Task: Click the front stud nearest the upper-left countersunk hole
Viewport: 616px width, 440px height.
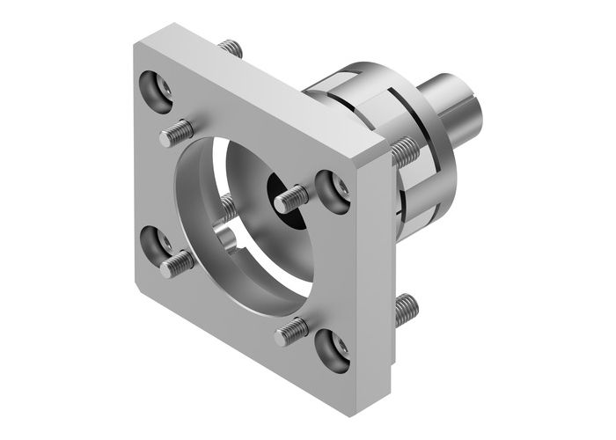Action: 176,136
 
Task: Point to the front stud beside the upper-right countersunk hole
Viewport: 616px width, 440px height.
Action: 291,201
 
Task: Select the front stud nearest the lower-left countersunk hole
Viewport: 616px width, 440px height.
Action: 177,261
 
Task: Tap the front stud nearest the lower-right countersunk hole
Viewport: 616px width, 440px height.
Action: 290,332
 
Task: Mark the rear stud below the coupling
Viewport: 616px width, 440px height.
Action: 405,308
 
